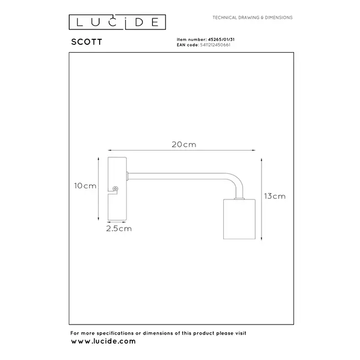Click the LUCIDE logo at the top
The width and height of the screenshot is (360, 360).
117,22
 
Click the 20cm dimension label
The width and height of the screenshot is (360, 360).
183,145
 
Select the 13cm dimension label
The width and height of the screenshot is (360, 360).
275,196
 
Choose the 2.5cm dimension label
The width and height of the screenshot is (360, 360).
119,228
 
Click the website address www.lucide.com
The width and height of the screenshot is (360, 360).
103,341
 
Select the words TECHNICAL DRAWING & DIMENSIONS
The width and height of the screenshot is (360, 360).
253,18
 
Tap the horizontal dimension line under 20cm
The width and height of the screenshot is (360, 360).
181,150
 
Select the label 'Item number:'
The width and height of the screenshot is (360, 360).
189,40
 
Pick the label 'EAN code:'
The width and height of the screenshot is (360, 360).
187,45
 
